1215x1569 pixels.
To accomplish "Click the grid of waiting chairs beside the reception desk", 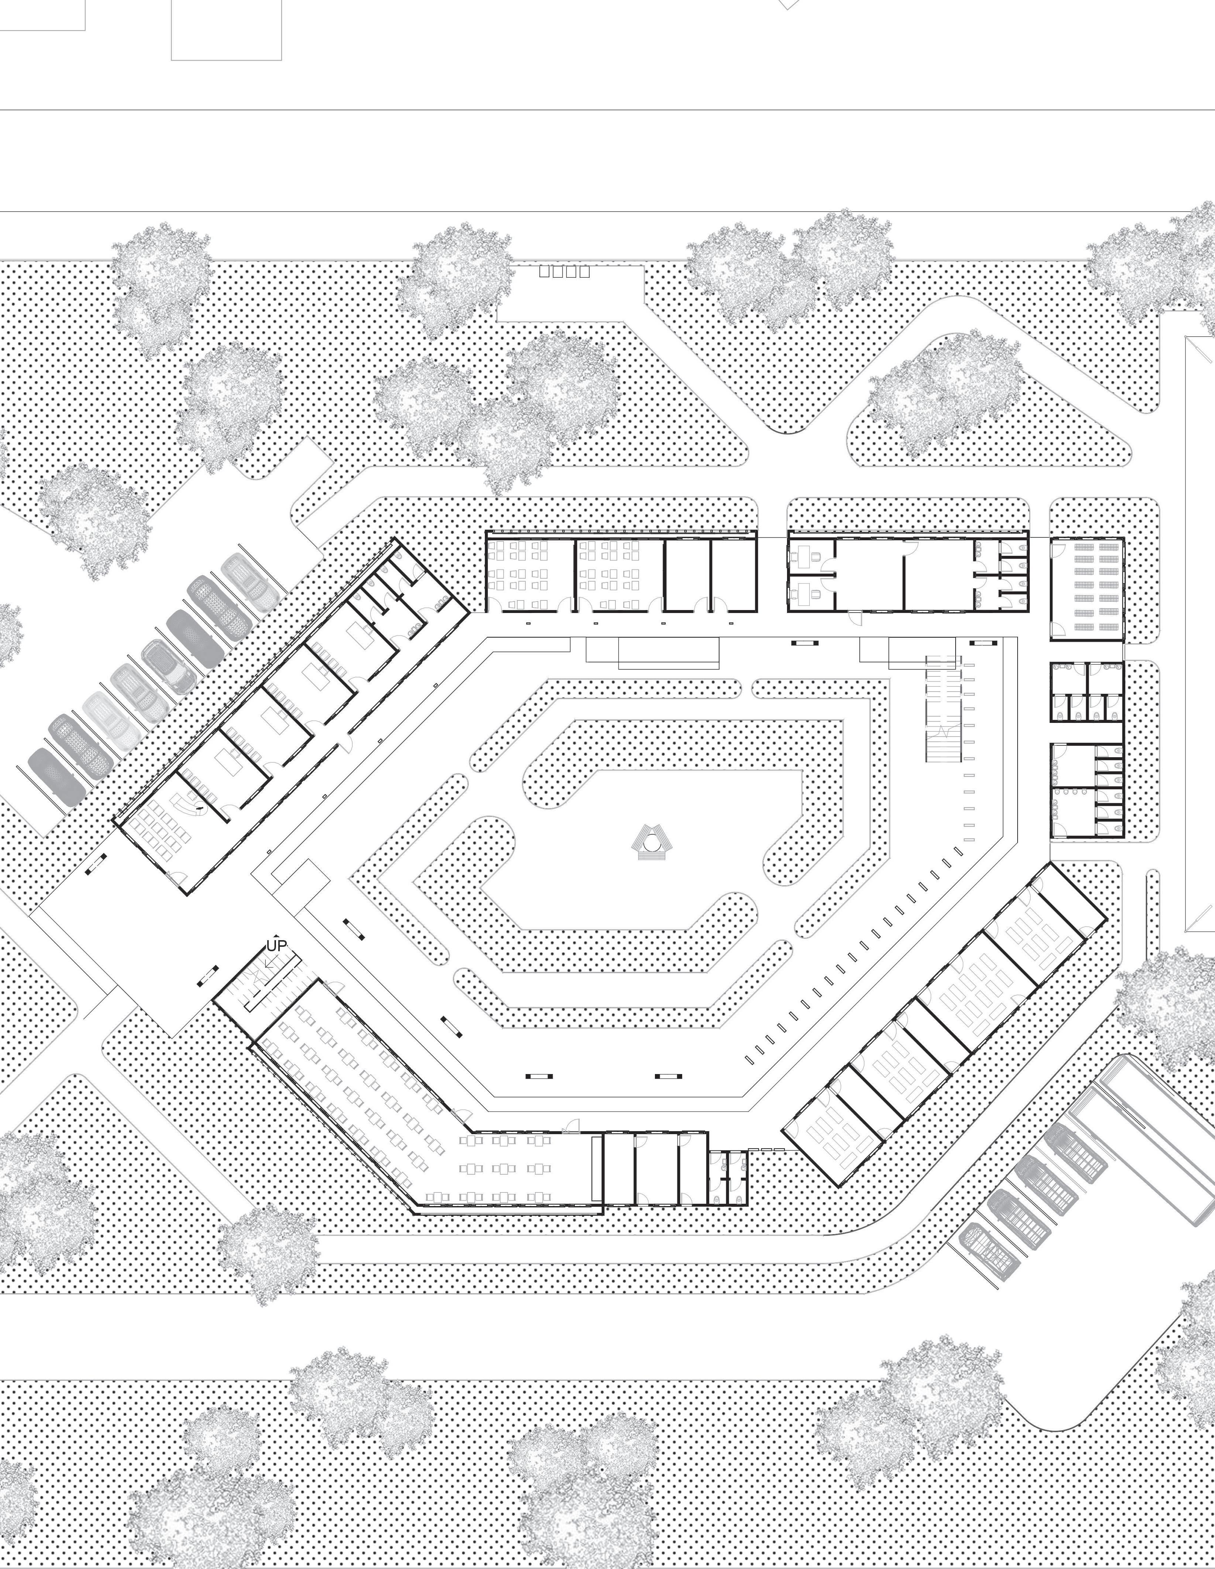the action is point(162,830).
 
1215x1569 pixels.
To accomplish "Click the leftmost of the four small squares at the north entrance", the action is point(544,271).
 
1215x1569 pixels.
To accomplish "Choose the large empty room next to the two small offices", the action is point(869,575).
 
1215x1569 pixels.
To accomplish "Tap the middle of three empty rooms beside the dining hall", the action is point(657,1167).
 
